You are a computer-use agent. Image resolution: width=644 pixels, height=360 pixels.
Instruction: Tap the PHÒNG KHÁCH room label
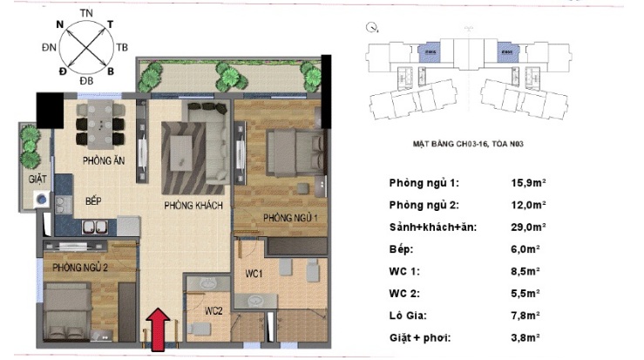pos(193,206)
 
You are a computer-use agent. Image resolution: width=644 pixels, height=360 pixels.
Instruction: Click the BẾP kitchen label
pos(95,200)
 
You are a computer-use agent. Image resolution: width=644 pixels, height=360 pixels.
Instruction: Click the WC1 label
pos(254,275)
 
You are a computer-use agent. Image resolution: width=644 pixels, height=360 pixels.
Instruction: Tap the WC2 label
pos(214,310)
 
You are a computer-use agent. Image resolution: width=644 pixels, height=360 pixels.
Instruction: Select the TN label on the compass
pos(86,12)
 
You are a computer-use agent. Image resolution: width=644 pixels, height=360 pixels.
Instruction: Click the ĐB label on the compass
pos(86,81)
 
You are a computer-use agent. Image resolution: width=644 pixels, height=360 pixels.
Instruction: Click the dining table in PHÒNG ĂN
pos(100,123)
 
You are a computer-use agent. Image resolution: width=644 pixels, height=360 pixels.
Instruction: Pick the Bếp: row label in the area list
pos(402,249)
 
